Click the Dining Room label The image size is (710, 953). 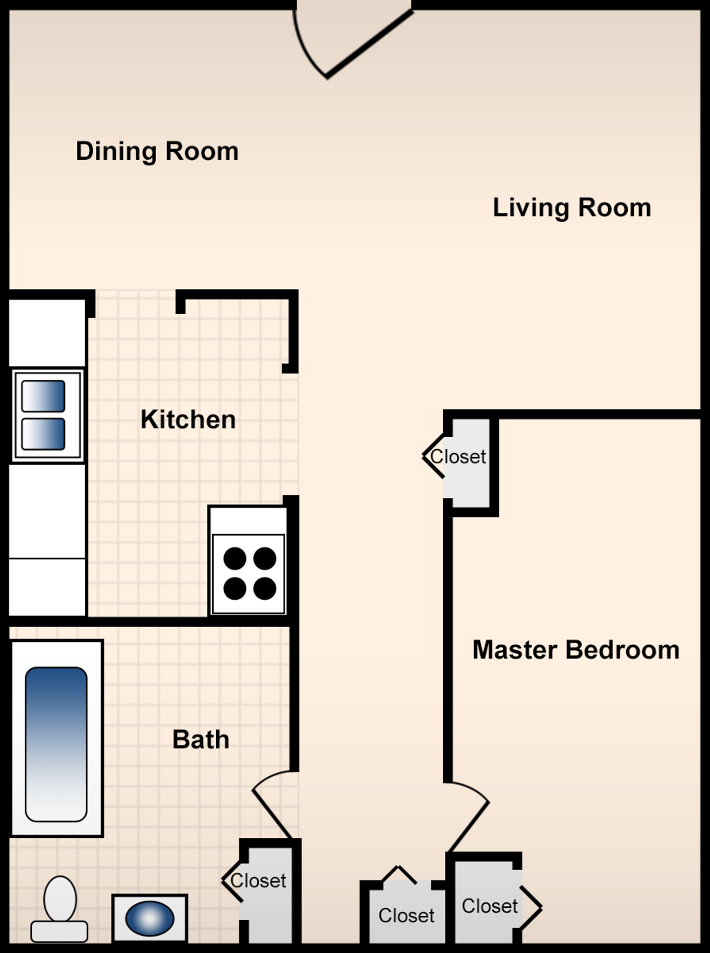(157, 151)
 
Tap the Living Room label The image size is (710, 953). (572, 207)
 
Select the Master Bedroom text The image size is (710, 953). (576, 649)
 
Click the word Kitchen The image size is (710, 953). (188, 419)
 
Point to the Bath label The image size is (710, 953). (201, 739)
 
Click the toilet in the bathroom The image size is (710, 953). (59, 908)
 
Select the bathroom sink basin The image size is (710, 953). (149, 918)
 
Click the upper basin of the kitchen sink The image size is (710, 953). (43, 396)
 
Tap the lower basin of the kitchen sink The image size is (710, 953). (43, 434)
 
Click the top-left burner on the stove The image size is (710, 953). (235, 558)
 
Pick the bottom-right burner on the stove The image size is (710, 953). (265, 589)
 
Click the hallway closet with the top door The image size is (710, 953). (407, 913)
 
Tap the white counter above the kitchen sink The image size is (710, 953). (47, 333)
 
